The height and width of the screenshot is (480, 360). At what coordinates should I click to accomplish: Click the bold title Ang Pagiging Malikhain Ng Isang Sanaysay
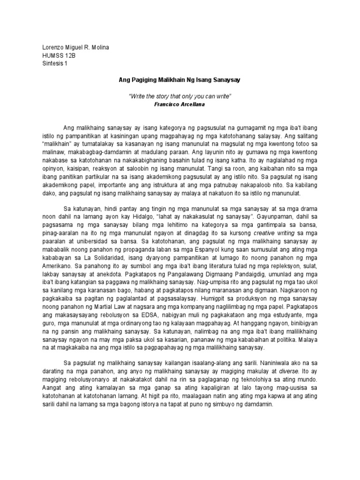(x=180, y=80)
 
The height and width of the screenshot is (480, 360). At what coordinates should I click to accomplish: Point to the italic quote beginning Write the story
(x=180, y=97)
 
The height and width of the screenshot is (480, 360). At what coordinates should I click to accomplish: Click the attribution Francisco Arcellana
(x=180, y=105)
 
